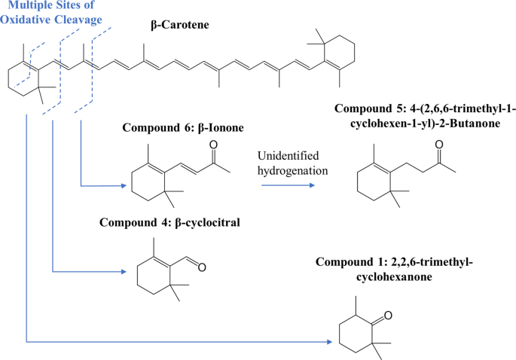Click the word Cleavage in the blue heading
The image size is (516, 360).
pos(76,20)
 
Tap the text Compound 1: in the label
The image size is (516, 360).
pos(350,262)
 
